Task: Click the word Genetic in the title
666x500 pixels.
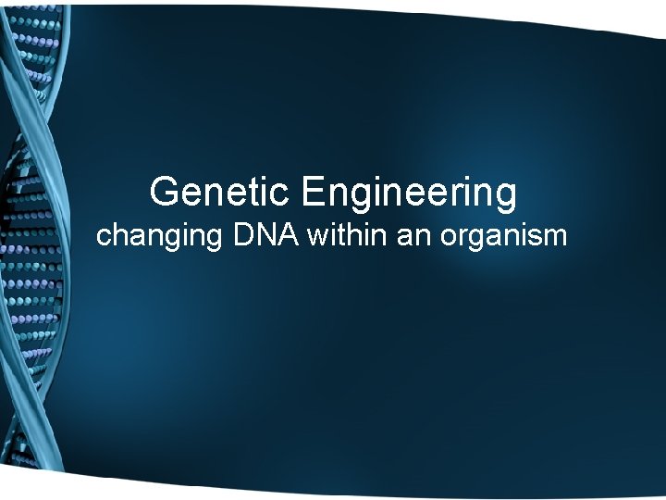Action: click(x=219, y=193)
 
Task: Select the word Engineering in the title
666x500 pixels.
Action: click(x=408, y=193)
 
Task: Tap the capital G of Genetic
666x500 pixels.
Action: click(x=165, y=192)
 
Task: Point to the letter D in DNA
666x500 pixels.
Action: click(x=245, y=236)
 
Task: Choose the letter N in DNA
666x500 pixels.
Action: click(x=265, y=236)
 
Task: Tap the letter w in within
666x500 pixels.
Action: click(x=318, y=238)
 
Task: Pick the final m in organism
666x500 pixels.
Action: click(x=554, y=239)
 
